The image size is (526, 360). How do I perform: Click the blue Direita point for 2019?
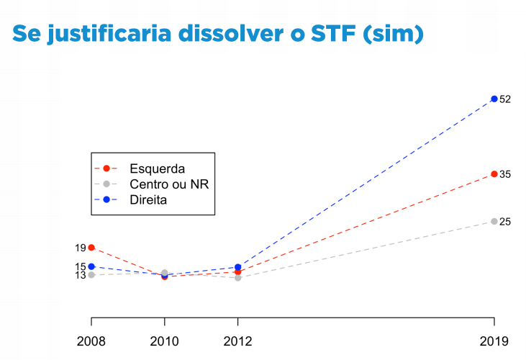click(x=494, y=99)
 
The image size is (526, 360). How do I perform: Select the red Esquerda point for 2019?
click(x=494, y=174)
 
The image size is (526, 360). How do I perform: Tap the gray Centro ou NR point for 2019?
click(x=494, y=222)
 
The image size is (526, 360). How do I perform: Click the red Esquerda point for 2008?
click(x=91, y=248)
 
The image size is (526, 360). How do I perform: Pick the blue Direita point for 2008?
click(x=91, y=266)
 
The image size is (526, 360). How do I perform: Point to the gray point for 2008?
click(x=91, y=275)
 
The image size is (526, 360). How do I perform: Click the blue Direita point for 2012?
click(x=237, y=267)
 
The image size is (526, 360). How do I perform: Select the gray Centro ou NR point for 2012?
click(x=237, y=277)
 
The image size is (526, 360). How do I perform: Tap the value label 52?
click(x=505, y=99)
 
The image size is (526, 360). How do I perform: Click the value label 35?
click(x=505, y=175)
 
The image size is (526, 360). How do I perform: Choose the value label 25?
click(x=505, y=222)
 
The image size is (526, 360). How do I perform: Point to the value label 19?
click(x=80, y=248)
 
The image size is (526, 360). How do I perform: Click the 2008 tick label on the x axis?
click(x=91, y=341)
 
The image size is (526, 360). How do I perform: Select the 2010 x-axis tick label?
click(x=165, y=341)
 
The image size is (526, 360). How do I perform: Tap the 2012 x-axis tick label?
click(x=237, y=341)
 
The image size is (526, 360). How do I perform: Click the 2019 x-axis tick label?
click(x=494, y=341)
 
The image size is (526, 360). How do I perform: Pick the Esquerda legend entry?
click(x=157, y=168)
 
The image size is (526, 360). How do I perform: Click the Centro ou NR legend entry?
click(x=168, y=184)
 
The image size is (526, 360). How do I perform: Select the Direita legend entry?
click(x=148, y=199)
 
